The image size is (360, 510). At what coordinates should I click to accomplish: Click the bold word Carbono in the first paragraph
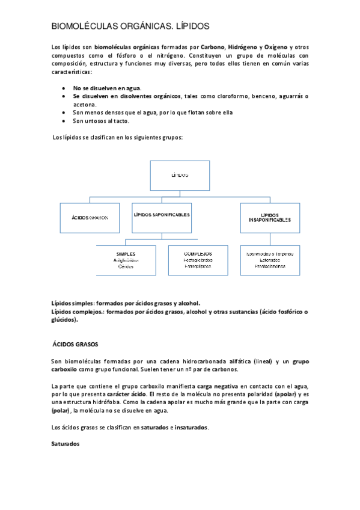[212, 46]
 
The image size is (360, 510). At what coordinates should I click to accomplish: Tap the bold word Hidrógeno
[243, 46]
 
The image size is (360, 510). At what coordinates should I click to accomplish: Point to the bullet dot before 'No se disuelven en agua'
[64, 88]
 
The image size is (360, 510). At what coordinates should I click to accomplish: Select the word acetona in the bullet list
[85, 104]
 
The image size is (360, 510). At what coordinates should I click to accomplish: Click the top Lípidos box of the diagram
[180, 175]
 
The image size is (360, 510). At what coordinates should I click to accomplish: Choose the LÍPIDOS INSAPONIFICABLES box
[269, 218]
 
